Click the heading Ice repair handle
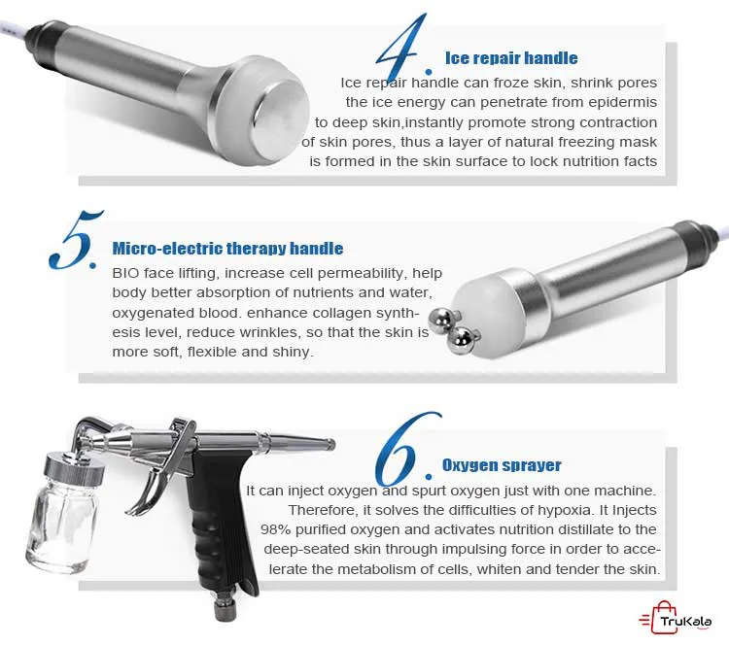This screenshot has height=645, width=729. (511, 58)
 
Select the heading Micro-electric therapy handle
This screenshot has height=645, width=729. (227, 248)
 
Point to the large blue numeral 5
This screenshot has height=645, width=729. (75, 240)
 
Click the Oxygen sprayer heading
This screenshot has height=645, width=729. (502, 465)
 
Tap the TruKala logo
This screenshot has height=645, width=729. (676, 618)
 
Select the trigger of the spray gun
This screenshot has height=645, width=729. (149, 488)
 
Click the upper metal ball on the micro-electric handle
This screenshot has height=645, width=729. (442, 320)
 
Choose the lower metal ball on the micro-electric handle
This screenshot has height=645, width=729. (462, 339)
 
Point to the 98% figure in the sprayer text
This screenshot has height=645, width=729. (276, 529)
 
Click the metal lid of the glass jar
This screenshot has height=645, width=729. (74, 467)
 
